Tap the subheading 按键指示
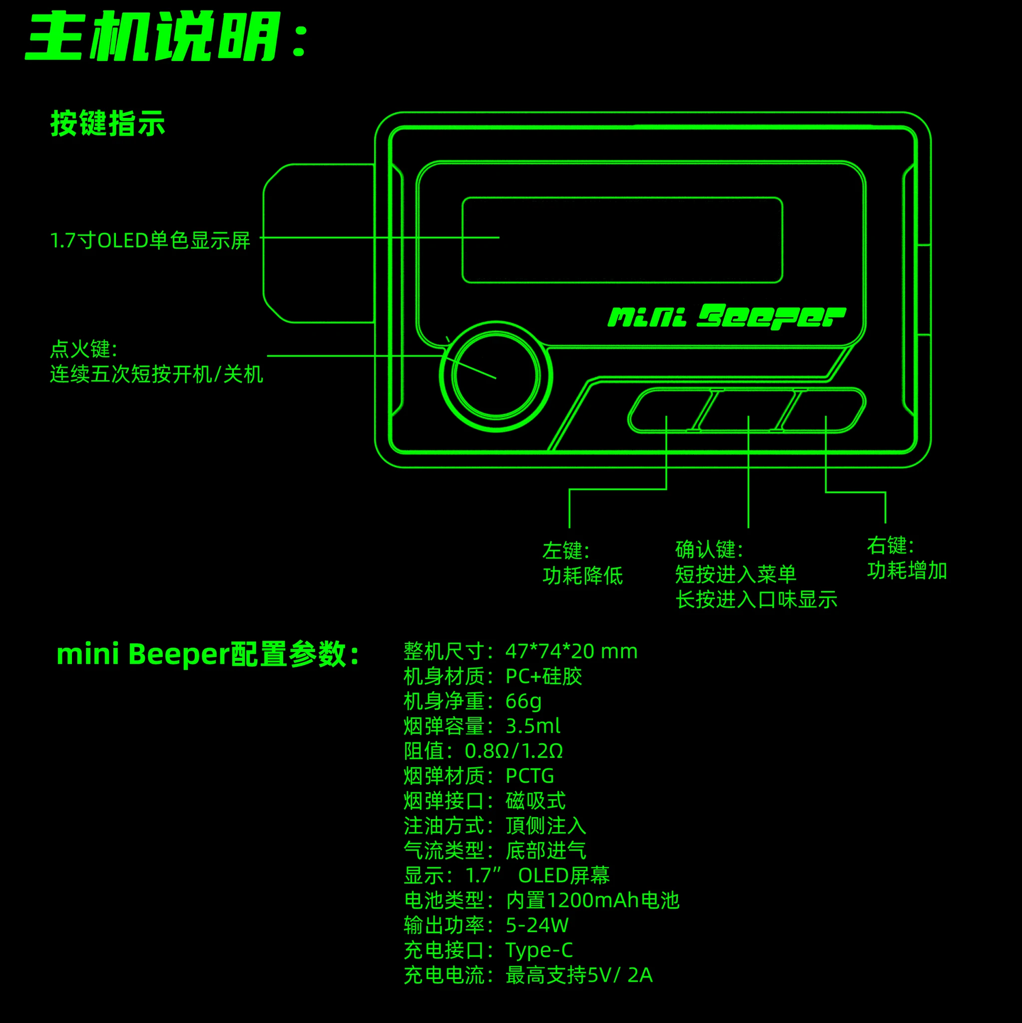(x=107, y=123)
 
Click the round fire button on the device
(x=496, y=376)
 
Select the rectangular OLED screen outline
(x=622, y=240)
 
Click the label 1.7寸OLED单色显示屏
(x=150, y=240)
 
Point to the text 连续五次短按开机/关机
(x=156, y=374)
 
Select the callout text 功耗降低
(x=582, y=575)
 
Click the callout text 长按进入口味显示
(x=756, y=599)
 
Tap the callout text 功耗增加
(x=907, y=570)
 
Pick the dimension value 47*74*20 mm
(x=571, y=651)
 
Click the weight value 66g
(x=523, y=701)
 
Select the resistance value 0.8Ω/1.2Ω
(x=513, y=751)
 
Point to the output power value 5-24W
(x=536, y=925)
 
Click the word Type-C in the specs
(x=538, y=950)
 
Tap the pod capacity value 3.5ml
(x=532, y=726)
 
